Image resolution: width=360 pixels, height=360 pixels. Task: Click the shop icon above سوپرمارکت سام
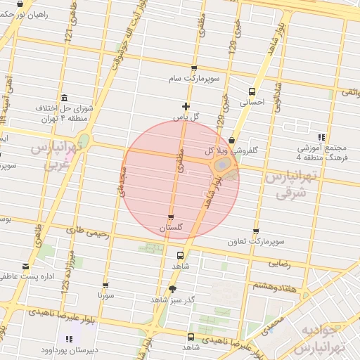click(194, 69)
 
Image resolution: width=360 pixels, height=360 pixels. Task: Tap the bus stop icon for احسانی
click(252, 91)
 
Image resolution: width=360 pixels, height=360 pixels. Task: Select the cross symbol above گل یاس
click(186, 106)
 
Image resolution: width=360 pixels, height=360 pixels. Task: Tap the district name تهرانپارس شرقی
click(285, 185)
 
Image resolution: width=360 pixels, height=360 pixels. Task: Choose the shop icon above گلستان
click(171, 217)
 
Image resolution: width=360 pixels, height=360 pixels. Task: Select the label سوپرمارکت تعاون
click(255, 242)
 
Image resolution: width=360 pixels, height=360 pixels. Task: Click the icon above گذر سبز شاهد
click(172, 289)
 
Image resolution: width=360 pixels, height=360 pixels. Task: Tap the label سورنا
click(105, 297)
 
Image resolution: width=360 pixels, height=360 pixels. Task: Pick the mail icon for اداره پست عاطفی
click(26, 266)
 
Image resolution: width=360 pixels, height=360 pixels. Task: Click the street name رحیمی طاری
click(87, 233)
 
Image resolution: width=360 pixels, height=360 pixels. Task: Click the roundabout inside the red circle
click(221, 166)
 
